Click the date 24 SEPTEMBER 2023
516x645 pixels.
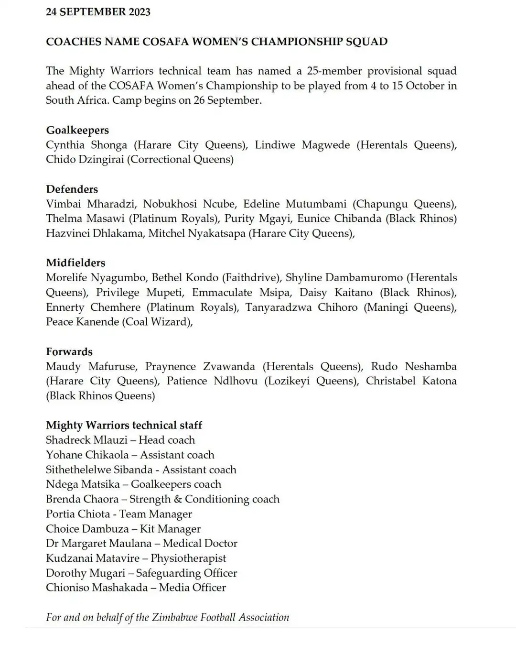pos(98,12)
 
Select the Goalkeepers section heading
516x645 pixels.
pos(77,130)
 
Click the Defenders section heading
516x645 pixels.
pos(72,189)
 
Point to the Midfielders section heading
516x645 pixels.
pos(75,262)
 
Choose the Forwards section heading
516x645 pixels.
pos(69,351)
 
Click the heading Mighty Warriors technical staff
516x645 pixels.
pos(124,425)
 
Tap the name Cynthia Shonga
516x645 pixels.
pos(86,145)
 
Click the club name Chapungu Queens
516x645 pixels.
pos(404,204)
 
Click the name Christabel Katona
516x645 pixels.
pos(411,381)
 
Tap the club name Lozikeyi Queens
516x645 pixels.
pos(310,381)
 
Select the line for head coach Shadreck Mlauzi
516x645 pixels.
pos(120,440)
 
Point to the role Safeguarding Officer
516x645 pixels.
pos(186,573)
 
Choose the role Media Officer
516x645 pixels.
pos(192,588)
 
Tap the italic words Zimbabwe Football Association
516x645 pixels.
pos(220,617)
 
